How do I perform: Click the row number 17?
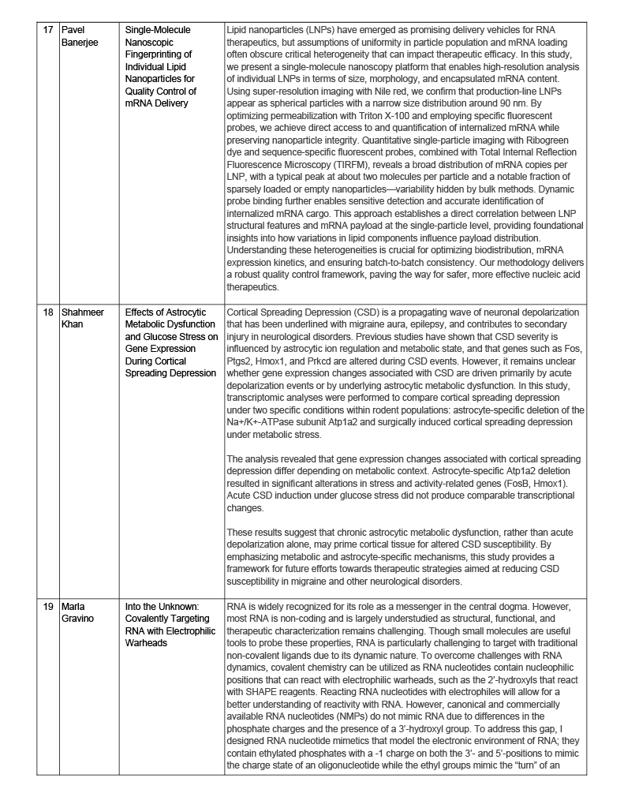49,30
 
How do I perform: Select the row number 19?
49,606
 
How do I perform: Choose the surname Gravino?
79,618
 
